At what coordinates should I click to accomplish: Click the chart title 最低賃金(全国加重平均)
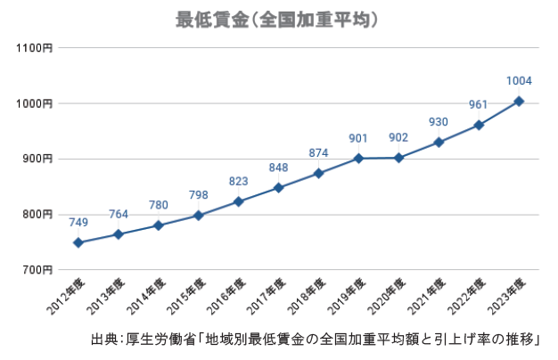tap(278, 19)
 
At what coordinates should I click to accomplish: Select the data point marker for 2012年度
tap(78, 242)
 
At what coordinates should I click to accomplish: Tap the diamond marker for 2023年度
tap(519, 101)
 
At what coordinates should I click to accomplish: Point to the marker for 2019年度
tap(358, 159)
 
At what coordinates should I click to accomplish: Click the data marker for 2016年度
tap(238, 201)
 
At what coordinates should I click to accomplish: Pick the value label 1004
tap(519, 81)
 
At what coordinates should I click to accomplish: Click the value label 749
tap(78, 222)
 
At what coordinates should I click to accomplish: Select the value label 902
tap(398, 137)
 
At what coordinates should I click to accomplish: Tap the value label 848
tap(278, 168)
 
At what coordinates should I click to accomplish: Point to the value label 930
tap(439, 122)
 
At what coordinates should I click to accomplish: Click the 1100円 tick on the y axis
tap(37, 48)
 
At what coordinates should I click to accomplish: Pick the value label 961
tap(479, 105)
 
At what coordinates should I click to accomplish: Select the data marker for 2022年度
tap(479, 125)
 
